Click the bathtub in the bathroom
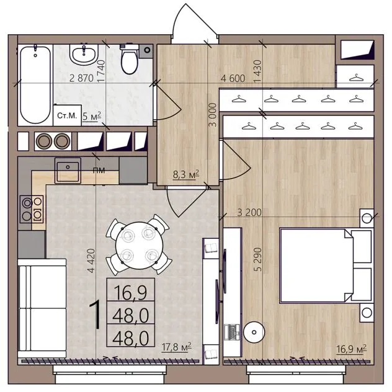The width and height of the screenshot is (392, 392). click(x=35, y=84)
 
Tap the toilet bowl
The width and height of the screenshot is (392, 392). click(x=129, y=59)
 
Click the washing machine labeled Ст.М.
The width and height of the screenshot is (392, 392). click(x=67, y=115)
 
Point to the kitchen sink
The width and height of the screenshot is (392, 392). click(x=68, y=171)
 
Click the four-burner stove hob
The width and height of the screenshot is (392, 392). click(x=32, y=209)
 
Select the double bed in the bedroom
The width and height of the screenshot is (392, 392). click(x=326, y=265)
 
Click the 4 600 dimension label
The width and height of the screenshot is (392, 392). click(x=233, y=79)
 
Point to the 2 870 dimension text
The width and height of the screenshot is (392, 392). click(x=81, y=78)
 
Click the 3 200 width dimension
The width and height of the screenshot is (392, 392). click(x=249, y=213)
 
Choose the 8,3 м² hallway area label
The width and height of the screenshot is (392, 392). click(x=186, y=174)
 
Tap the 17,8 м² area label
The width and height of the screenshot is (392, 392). click(x=177, y=347)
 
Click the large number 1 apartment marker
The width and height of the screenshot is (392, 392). click(x=96, y=314)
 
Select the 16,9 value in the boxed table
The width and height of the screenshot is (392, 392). click(x=130, y=292)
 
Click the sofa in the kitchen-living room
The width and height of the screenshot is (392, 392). click(x=42, y=308)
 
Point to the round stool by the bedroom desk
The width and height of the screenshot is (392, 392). click(x=254, y=332)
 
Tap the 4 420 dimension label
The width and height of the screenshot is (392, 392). click(x=91, y=261)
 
